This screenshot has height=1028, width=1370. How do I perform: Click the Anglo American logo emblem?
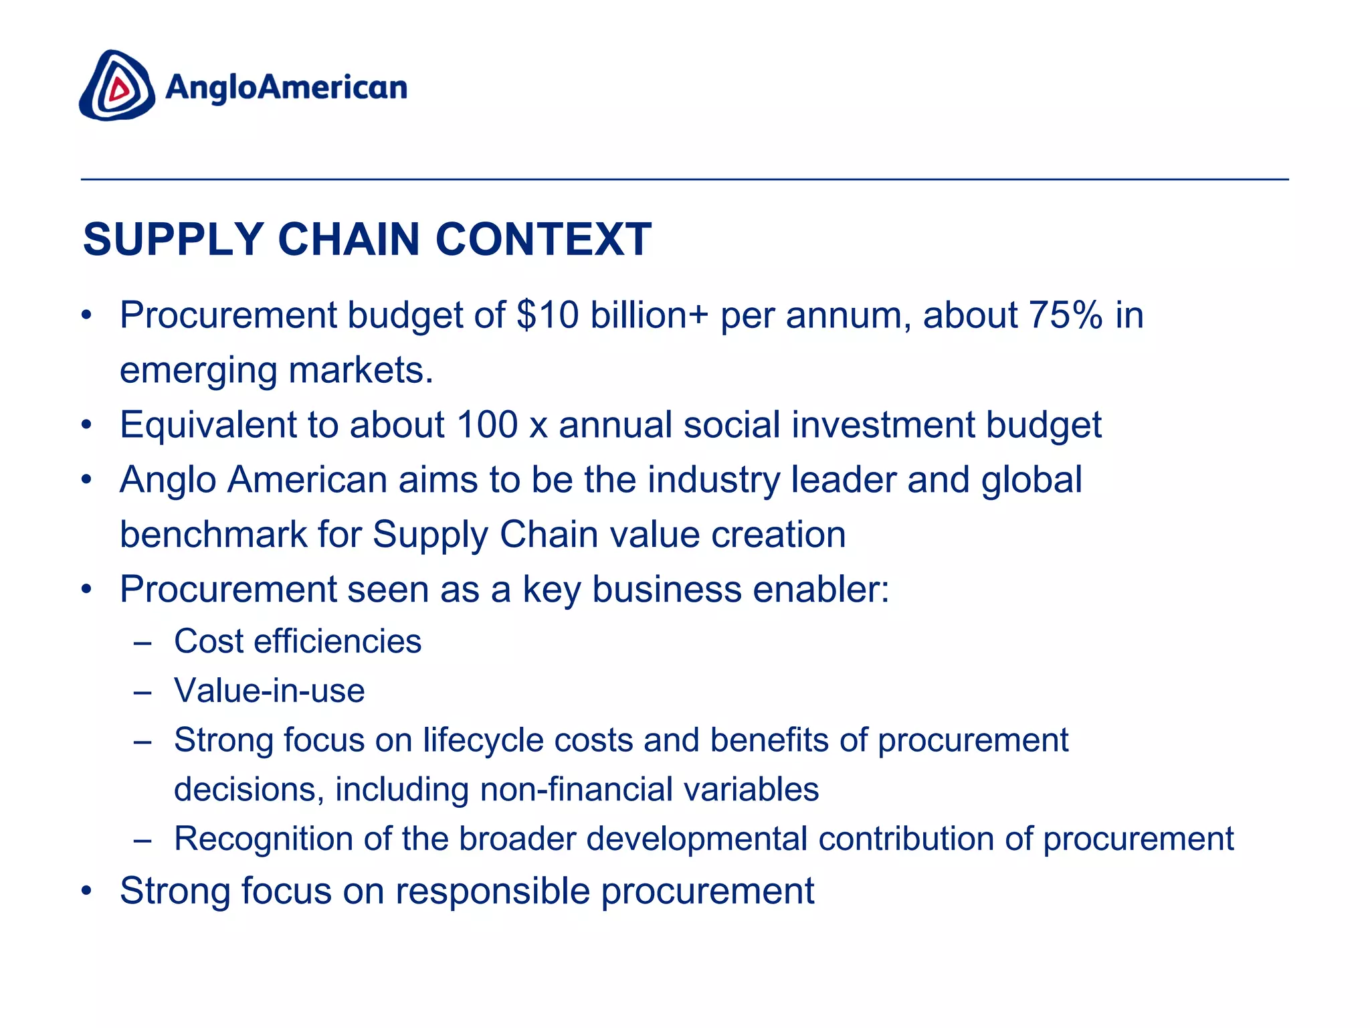pos(117,86)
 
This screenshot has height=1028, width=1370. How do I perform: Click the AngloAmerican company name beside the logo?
pos(286,88)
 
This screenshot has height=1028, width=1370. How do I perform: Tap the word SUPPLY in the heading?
pos(173,239)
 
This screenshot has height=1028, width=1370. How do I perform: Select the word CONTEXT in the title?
pos(543,239)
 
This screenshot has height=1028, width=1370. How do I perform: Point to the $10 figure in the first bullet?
pos(548,315)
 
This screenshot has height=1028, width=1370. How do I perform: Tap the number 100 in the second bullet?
pos(487,424)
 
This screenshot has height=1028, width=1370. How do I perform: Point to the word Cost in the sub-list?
pos(209,641)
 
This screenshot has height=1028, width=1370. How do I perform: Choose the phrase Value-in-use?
pos(270,691)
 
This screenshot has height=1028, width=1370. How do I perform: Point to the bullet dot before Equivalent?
pos(86,426)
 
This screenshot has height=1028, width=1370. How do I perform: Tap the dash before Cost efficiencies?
pos(142,642)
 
